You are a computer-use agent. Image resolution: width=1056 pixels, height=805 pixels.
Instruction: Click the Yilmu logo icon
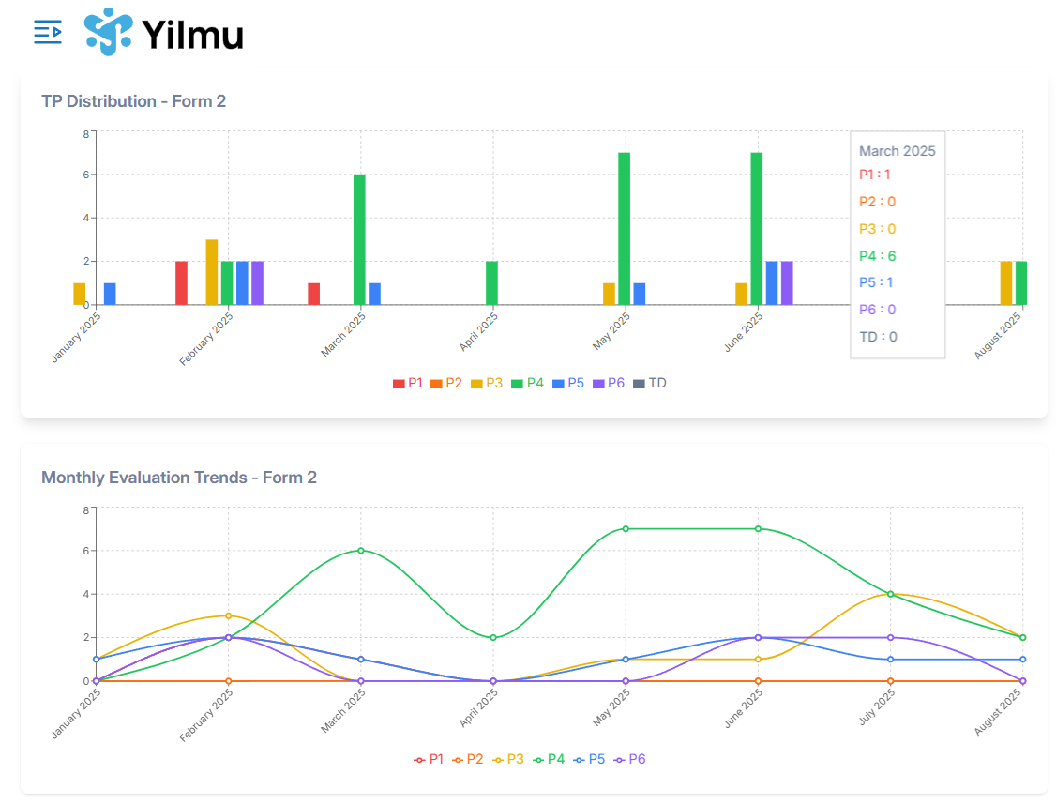(x=108, y=32)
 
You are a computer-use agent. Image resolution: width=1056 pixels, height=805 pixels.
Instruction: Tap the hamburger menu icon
(x=48, y=32)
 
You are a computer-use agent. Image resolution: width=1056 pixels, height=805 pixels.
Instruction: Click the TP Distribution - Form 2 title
(x=133, y=101)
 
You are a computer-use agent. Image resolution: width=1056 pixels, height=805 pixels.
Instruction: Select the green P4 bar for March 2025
(x=359, y=239)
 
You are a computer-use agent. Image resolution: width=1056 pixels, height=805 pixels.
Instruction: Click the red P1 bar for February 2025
(x=182, y=282)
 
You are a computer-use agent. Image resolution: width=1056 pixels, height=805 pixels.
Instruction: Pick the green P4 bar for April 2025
(x=491, y=282)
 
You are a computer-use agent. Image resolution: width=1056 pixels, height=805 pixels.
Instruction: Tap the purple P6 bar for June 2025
(x=787, y=282)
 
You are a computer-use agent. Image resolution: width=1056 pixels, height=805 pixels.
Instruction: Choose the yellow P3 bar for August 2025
(x=1006, y=282)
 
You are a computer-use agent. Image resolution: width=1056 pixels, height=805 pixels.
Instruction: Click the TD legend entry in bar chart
(x=650, y=383)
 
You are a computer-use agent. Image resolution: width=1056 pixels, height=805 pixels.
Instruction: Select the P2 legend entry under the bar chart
(x=446, y=383)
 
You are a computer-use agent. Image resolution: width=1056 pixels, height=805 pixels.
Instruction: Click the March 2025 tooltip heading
(x=897, y=151)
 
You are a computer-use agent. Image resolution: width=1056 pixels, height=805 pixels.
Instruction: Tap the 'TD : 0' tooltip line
(x=879, y=337)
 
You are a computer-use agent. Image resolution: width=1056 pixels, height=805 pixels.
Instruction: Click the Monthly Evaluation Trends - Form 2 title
(x=179, y=478)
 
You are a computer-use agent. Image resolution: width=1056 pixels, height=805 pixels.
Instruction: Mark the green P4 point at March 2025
(x=360, y=551)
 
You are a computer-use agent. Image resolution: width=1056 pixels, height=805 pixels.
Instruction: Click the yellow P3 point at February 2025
(x=228, y=615)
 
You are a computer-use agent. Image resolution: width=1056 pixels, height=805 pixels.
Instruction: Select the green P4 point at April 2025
(x=493, y=638)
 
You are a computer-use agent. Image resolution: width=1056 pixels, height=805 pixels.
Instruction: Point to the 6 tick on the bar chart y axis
(x=85, y=175)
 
